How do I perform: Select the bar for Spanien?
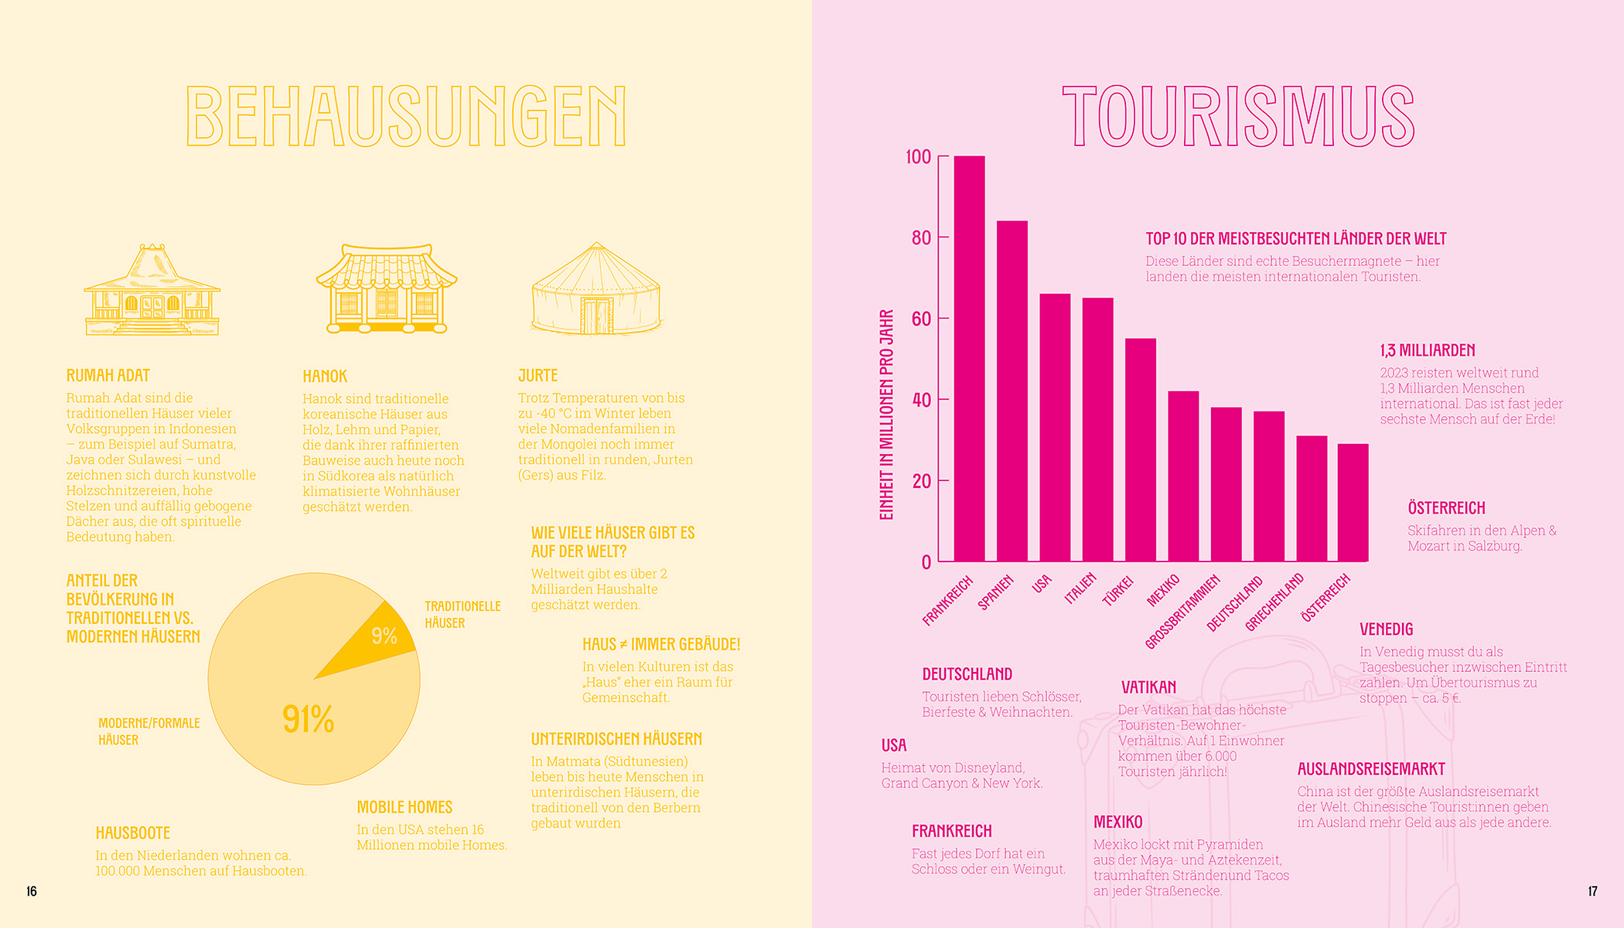click(x=1012, y=391)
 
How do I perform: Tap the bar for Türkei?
click(x=1140, y=449)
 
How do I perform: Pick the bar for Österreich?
click(x=1353, y=502)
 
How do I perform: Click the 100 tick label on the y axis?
click(x=919, y=157)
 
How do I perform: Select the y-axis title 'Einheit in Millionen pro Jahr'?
click(x=886, y=415)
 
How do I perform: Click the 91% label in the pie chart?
click(x=308, y=719)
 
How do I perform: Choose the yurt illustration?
click(x=596, y=289)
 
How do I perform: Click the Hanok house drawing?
click(x=386, y=289)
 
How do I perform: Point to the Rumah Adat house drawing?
click(x=152, y=291)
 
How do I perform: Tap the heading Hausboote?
click(x=133, y=833)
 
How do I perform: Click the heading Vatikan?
click(x=1148, y=687)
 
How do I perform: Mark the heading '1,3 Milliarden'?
click(x=1428, y=350)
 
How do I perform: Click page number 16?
click(x=32, y=891)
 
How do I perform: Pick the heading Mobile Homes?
click(x=404, y=807)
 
